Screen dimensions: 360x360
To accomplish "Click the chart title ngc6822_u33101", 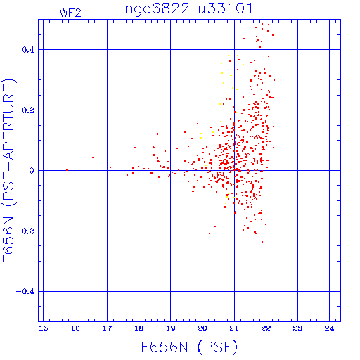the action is (189, 9).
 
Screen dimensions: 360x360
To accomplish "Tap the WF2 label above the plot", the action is (70, 13).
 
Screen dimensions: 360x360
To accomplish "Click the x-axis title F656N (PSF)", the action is (189, 347).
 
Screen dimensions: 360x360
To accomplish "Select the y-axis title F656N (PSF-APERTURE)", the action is (8, 170).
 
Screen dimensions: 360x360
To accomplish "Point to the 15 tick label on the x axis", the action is (44, 328).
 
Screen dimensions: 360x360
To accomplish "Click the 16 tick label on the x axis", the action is (75, 328).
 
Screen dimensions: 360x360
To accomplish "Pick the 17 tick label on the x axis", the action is (107, 328).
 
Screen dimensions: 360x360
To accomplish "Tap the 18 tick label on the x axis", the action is (139, 328).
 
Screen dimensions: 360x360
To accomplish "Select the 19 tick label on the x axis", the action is (171, 328).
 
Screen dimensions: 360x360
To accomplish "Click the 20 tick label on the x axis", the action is (202, 328).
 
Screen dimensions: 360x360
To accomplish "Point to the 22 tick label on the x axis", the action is (266, 328).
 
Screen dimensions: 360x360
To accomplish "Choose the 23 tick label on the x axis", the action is (297, 328).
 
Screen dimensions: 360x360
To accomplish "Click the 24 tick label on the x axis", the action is (329, 328).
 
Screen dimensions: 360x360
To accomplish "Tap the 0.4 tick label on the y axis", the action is (28, 50).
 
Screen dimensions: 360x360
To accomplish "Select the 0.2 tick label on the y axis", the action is (28, 110).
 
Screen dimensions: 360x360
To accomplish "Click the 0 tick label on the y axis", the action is (32, 171).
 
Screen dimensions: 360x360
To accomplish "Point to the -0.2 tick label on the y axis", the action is (25, 231).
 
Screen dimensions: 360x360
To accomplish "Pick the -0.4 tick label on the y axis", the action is (25, 292).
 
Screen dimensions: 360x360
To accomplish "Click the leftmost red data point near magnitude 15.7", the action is (67, 170).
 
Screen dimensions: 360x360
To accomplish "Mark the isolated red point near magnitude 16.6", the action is (93, 157).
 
